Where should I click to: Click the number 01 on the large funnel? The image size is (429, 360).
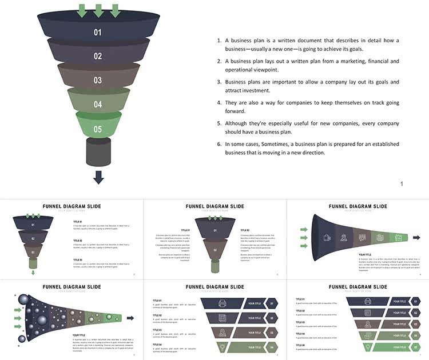pyautogui.click(x=98, y=33)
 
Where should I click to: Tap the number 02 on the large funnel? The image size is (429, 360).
pyautogui.click(x=98, y=56)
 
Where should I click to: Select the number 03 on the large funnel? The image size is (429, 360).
pyautogui.click(x=98, y=81)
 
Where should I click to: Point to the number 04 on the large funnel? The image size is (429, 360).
pyautogui.click(x=98, y=105)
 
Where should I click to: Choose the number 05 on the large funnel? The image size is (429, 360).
pyautogui.click(x=98, y=130)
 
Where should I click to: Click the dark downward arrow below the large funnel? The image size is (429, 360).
pyautogui.click(x=98, y=177)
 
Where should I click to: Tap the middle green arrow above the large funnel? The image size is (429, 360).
pyautogui.click(x=98, y=10)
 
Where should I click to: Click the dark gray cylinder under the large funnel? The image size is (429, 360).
pyautogui.click(x=98, y=151)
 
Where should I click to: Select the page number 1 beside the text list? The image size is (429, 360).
pyautogui.click(x=402, y=183)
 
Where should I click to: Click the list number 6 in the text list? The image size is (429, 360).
pyautogui.click(x=219, y=144)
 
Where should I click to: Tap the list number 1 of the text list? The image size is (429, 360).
pyautogui.click(x=219, y=41)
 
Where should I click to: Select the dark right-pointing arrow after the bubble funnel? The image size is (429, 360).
pyautogui.click(x=130, y=318)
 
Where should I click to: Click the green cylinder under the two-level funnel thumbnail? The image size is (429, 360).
pyautogui.click(x=214, y=266)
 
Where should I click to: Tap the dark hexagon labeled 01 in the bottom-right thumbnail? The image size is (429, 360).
pyautogui.click(x=416, y=301)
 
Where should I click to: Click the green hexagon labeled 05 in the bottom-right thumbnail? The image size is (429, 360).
pyautogui.click(x=416, y=347)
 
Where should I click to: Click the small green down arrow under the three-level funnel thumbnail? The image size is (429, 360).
pyautogui.click(x=33, y=273)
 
